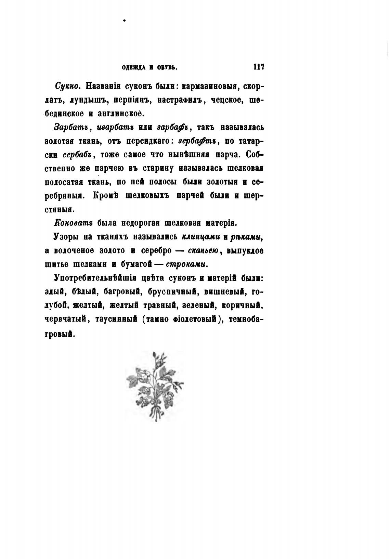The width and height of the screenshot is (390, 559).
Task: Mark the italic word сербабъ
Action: tap(77, 155)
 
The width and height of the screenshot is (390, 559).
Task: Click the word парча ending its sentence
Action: tap(226, 155)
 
